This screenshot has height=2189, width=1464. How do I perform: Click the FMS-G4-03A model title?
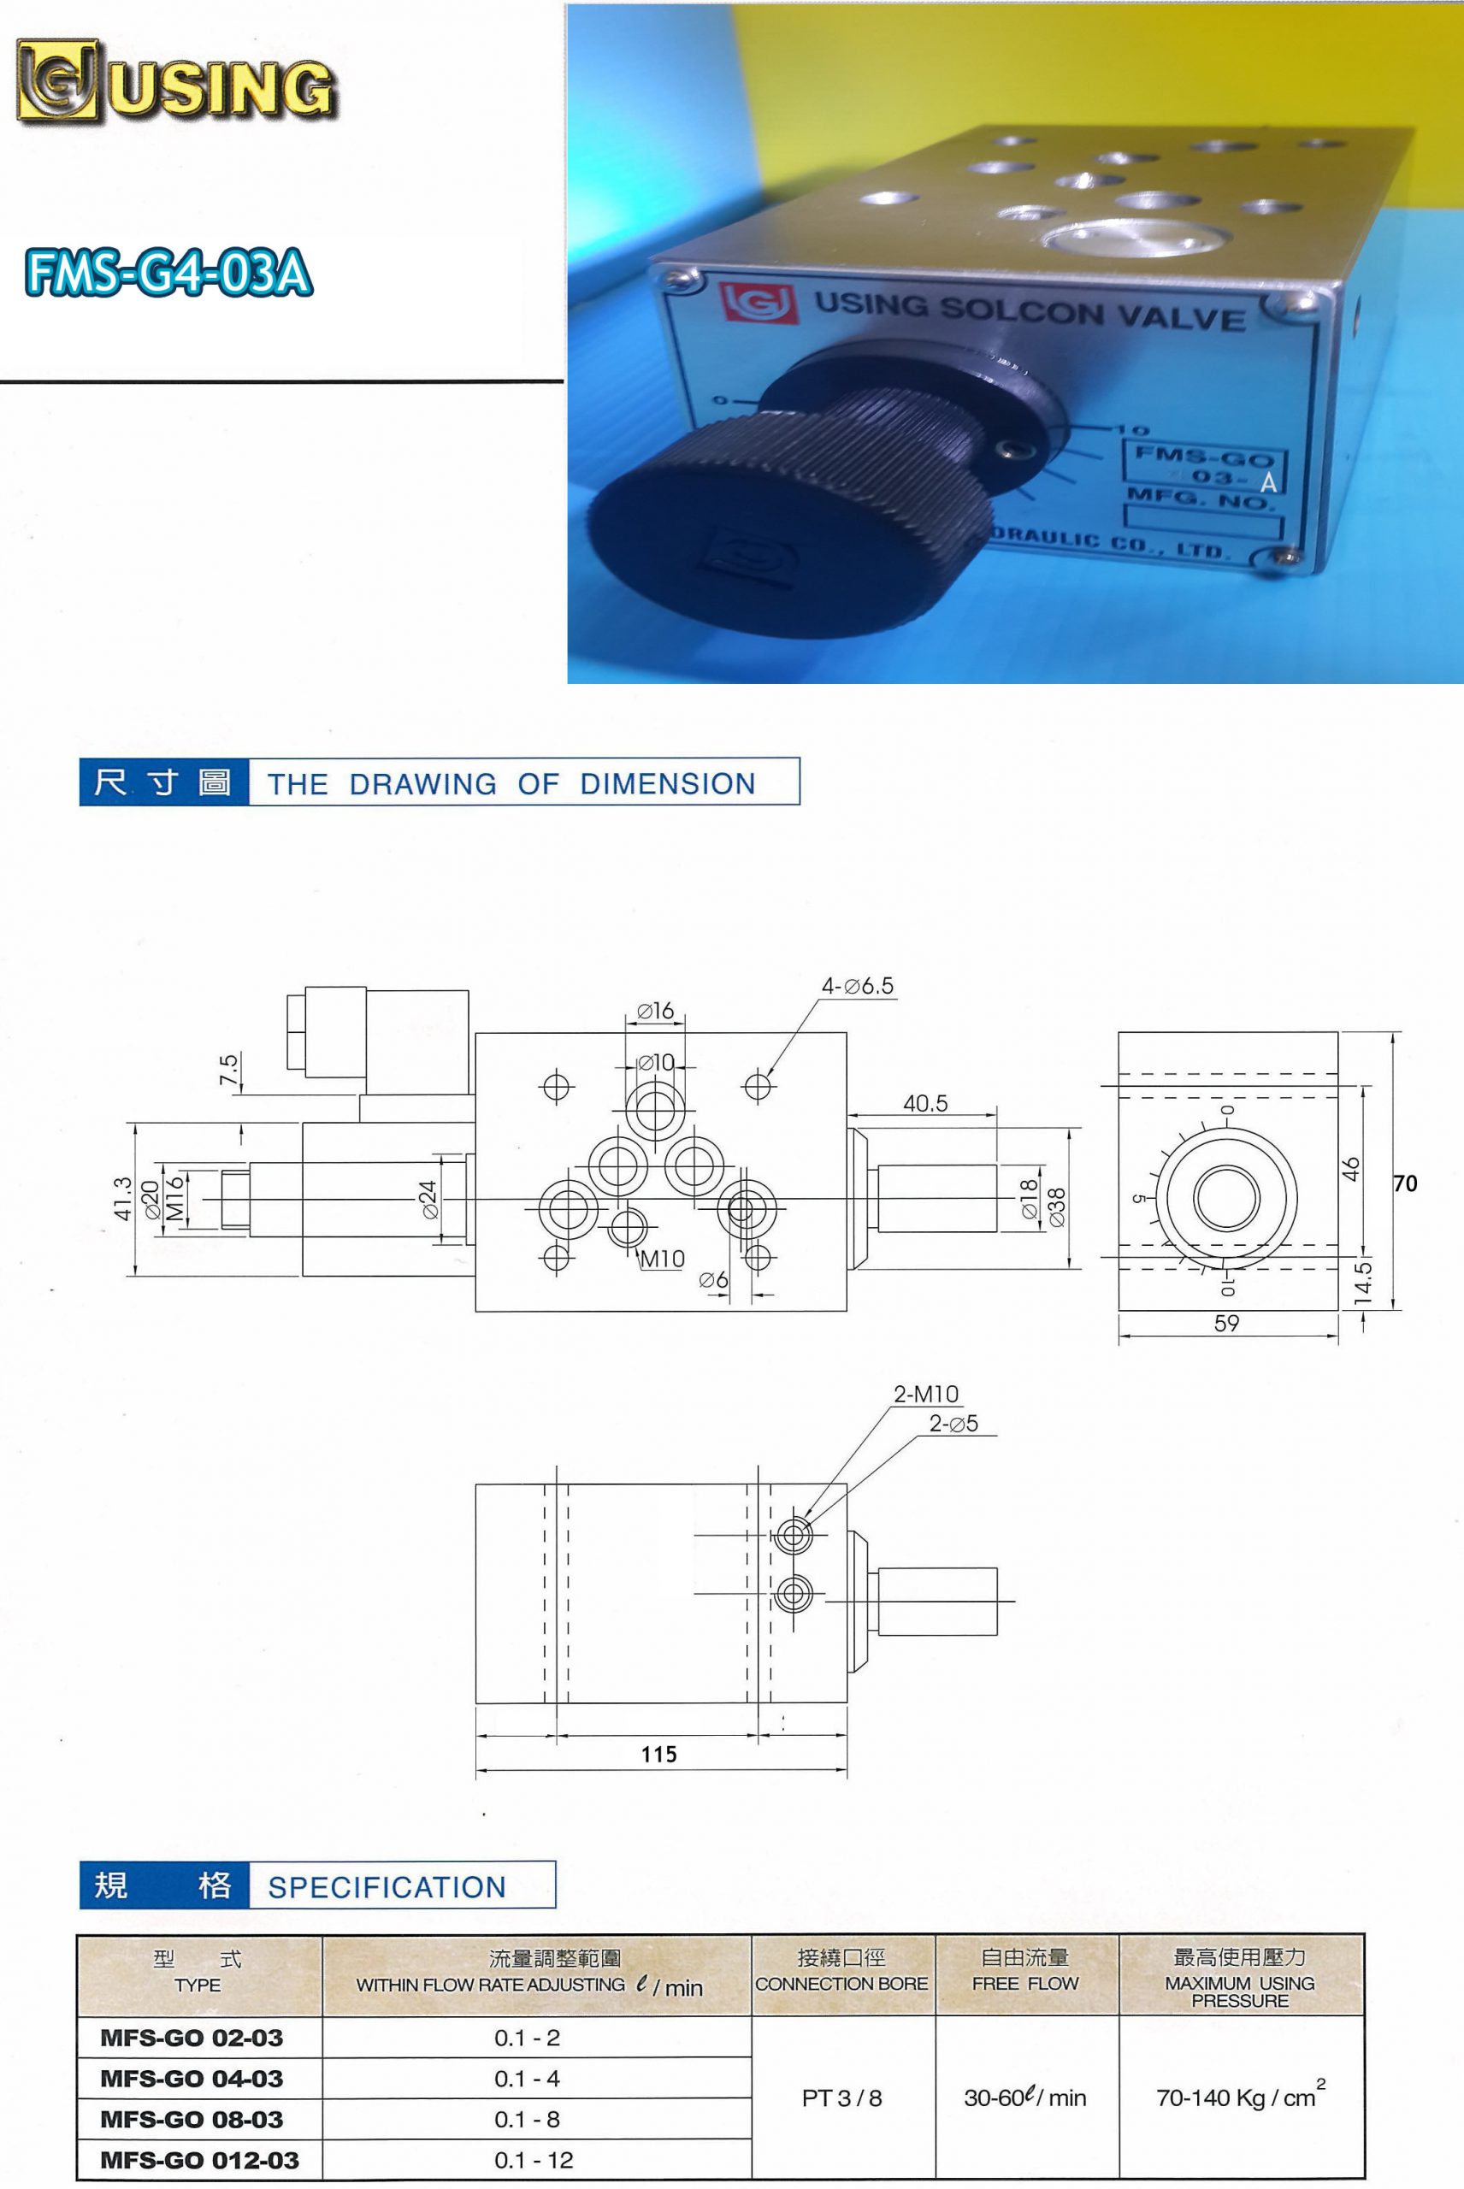click(169, 272)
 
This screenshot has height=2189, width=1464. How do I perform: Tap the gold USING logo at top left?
click(175, 82)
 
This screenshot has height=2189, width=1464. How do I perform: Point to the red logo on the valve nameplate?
click(759, 303)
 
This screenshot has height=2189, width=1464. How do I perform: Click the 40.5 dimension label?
click(925, 1103)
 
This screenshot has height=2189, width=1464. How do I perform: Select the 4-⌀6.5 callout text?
click(857, 986)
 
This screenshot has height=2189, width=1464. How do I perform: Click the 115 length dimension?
click(659, 1754)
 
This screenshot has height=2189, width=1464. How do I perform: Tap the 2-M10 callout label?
click(926, 1394)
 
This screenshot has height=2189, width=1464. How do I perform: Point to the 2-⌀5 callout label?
click(953, 1424)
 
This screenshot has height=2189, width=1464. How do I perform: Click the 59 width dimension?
click(1227, 1323)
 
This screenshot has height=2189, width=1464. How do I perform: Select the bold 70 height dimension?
click(1405, 1183)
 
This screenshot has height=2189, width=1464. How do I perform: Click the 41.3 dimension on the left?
click(122, 1199)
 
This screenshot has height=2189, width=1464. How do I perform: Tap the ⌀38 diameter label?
click(1057, 1207)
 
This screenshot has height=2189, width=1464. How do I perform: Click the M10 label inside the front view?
click(662, 1260)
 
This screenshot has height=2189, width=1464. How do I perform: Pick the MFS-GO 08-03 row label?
click(192, 2120)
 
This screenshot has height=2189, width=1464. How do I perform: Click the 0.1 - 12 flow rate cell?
click(534, 2160)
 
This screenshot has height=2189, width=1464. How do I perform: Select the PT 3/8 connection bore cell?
click(842, 2098)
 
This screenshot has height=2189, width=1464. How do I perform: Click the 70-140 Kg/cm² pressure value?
click(1241, 2096)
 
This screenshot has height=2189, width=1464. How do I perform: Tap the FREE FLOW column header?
click(1025, 1984)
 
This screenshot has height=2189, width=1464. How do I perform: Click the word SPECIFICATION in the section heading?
click(387, 1887)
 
